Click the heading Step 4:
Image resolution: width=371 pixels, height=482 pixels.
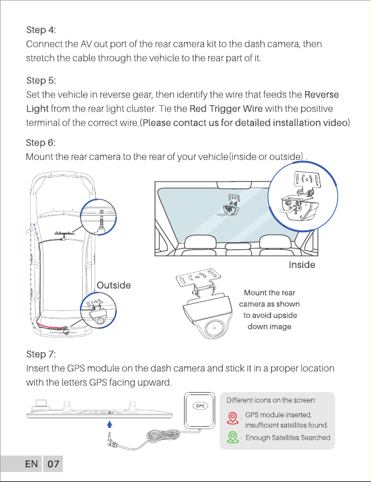(41, 30)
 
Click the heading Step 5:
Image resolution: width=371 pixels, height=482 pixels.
(41, 81)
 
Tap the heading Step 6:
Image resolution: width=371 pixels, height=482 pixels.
(41, 143)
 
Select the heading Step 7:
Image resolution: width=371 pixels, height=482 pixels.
(41, 354)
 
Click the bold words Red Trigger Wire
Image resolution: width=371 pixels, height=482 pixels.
(226, 109)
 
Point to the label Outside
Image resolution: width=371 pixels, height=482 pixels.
(113, 285)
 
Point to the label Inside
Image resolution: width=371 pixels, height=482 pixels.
(302, 265)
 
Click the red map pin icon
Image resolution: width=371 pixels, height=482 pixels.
(233, 419)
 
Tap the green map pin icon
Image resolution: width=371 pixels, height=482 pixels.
(233, 437)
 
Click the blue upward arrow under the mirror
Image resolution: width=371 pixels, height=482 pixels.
(109, 424)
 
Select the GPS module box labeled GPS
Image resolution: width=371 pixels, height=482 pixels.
(199, 410)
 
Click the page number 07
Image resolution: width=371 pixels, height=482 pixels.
(53, 464)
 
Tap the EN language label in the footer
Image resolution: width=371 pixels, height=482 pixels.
(31, 464)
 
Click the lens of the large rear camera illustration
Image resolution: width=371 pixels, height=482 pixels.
(213, 327)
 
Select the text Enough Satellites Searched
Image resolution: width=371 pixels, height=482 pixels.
(288, 437)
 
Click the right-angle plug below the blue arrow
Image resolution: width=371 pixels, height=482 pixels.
(111, 440)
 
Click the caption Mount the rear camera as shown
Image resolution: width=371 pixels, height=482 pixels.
(269, 298)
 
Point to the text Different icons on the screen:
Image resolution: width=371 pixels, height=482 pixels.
(271, 400)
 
